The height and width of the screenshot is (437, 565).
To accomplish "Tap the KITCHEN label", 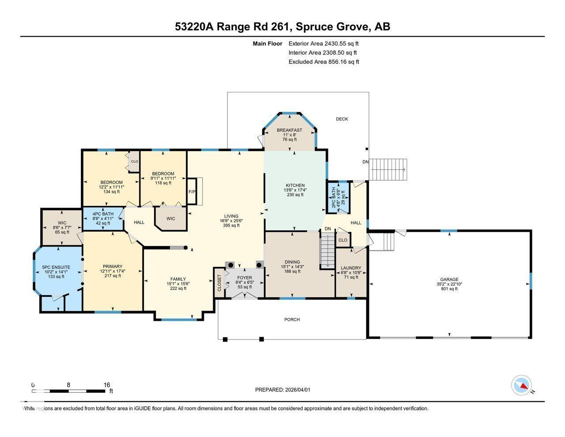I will point(295,186).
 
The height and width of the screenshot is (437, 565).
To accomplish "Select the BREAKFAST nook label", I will point(289,130).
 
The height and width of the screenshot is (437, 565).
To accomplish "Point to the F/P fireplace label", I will point(192,192).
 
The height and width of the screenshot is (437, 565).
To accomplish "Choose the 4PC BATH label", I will point(103,213).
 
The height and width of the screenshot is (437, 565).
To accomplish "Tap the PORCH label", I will point(292,319).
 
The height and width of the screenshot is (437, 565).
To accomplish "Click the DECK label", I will point(342,119).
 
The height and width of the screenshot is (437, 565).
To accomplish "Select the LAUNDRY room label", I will point(351,268).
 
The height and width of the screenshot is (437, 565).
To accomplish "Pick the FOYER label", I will point(244,278).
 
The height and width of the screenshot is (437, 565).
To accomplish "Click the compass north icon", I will point(522,386).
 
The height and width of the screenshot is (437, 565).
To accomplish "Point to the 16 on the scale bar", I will point(107,385).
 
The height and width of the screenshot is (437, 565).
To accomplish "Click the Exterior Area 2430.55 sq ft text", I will point(323,44).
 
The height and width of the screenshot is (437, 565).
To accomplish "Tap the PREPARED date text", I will point(286,390).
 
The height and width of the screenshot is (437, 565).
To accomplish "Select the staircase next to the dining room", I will point(327,251).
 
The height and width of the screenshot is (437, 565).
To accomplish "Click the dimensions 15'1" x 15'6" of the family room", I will point(176,284).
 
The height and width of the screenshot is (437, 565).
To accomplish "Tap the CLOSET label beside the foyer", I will point(219,283).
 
